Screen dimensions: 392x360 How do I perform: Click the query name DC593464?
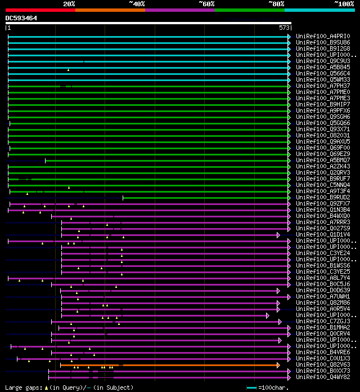pos(21,18)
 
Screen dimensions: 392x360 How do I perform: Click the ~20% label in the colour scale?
pos(69,4)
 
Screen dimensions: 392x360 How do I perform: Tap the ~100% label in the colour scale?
pos(344,4)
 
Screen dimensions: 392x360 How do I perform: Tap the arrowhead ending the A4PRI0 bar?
pos(289,36)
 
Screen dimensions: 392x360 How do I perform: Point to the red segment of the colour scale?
pos(40,10)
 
